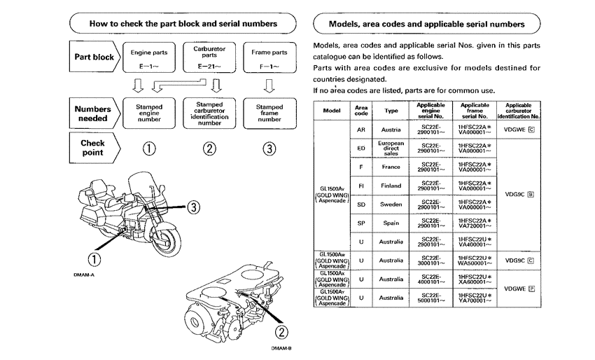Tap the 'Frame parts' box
pos(269,58)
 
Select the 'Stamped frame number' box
pos(269,113)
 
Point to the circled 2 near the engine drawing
pos(282,332)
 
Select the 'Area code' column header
pos(361,111)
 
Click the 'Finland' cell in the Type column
pos(391,186)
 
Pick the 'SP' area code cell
pos(361,223)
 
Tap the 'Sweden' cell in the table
pos(391,205)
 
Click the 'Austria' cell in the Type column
pos(391,130)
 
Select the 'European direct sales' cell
pos(391,148)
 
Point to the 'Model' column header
pos(332,111)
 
